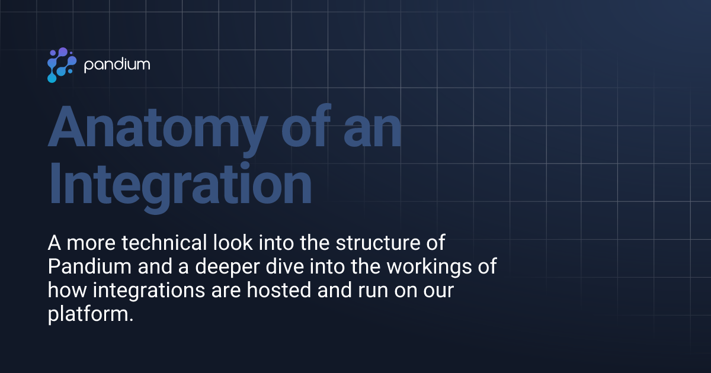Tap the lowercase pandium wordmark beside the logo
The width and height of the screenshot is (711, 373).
pyautogui.click(x=117, y=65)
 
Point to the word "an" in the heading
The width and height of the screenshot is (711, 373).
pyautogui.click(x=370, y=128)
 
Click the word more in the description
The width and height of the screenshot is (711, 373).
pyautogui.click(x=88, y=244)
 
